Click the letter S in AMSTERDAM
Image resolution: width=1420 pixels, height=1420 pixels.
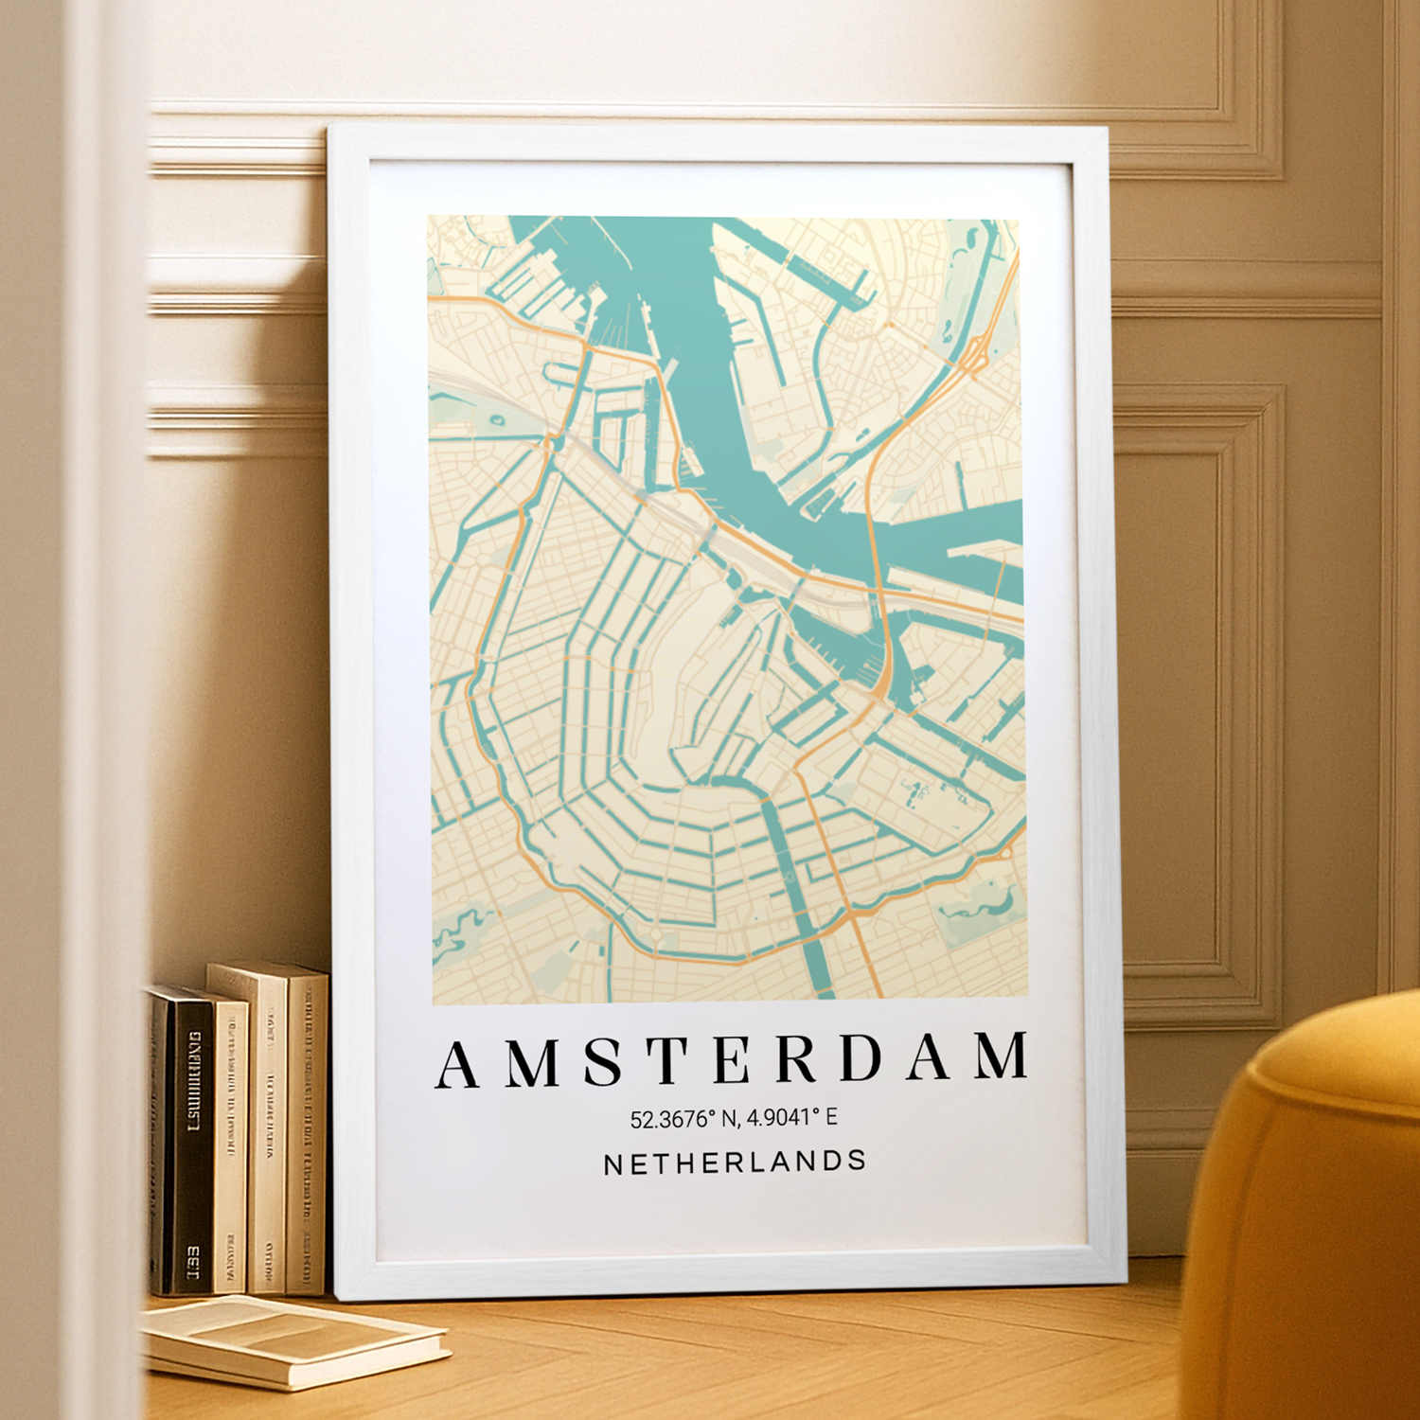602,1061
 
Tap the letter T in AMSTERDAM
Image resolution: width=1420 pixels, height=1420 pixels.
668,1060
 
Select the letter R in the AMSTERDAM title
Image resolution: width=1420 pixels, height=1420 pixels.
797,1058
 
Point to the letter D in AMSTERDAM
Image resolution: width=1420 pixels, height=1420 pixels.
861,1057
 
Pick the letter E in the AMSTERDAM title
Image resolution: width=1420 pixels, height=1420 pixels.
733,1059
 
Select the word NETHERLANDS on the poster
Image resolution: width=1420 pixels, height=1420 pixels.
735,1163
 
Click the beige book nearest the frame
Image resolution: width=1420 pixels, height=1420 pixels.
306,1136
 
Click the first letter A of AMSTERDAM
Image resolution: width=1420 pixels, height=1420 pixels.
456,1065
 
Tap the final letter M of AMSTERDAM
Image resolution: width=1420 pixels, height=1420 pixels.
1003,1056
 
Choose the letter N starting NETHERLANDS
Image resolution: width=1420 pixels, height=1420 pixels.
612,1165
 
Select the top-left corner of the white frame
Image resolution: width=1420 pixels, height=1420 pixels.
330,125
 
